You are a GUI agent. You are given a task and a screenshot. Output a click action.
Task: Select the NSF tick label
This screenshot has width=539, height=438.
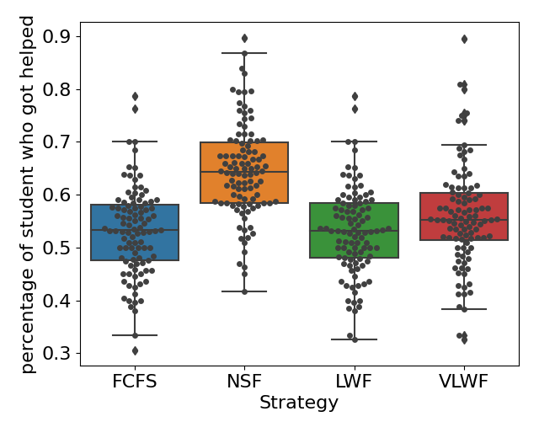click(244, 382)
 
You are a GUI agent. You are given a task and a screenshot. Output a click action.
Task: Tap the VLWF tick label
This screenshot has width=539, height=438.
click(464, 382)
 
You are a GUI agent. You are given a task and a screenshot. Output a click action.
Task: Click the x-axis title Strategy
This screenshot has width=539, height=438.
click(299, 403)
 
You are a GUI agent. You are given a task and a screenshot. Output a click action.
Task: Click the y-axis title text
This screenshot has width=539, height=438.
click(28, 194)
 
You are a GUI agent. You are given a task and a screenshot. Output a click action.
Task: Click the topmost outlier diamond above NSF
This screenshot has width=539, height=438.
click(244, 38)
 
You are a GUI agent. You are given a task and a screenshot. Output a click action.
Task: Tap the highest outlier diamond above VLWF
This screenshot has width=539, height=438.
click(464, 39)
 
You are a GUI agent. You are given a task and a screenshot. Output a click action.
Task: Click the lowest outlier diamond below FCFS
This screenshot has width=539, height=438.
click(135, 350)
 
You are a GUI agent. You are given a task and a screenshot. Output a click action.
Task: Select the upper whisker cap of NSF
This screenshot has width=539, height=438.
click(244, 53)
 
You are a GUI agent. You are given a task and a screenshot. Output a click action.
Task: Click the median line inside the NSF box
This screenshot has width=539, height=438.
click(244, 172)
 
